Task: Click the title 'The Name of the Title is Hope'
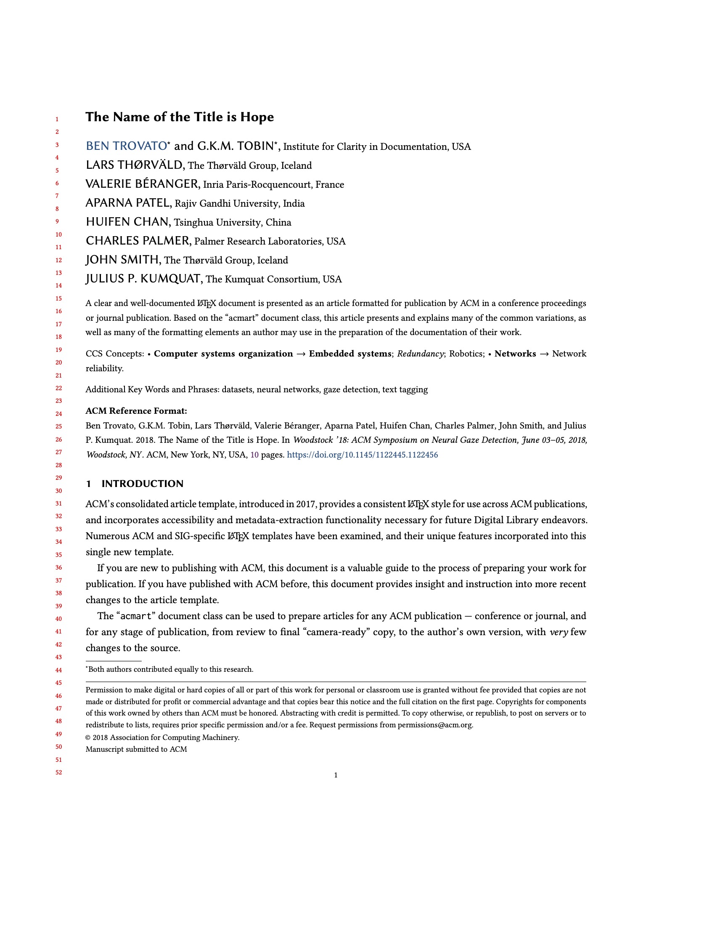(x=180, y=117)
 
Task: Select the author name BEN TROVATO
(x=126, y=146)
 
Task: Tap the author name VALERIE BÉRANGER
(x=142, y=184)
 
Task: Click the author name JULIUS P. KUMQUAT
(x=143, y=279)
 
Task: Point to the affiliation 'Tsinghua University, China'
(x=233, y=222)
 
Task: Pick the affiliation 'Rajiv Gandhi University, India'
(x=240, y=204)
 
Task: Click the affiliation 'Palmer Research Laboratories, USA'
(x=270, y=241)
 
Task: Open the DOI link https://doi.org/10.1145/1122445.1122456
(x=362, y=455)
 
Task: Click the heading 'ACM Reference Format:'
(x=136, y=410)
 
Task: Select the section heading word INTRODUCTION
(x=142, y=484)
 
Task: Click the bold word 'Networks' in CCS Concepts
(x=515, y=354)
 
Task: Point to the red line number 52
(x=59, y=772)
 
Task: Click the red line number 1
(x=57, y=119)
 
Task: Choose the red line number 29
(x=59, y=477)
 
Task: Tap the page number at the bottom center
(x=336, y=775)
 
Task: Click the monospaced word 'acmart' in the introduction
(x=135, y=616)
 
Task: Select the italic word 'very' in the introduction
(x=558, y=632)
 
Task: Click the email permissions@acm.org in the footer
(x=434, y=725)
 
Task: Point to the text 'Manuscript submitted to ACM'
(x=136, y=749)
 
